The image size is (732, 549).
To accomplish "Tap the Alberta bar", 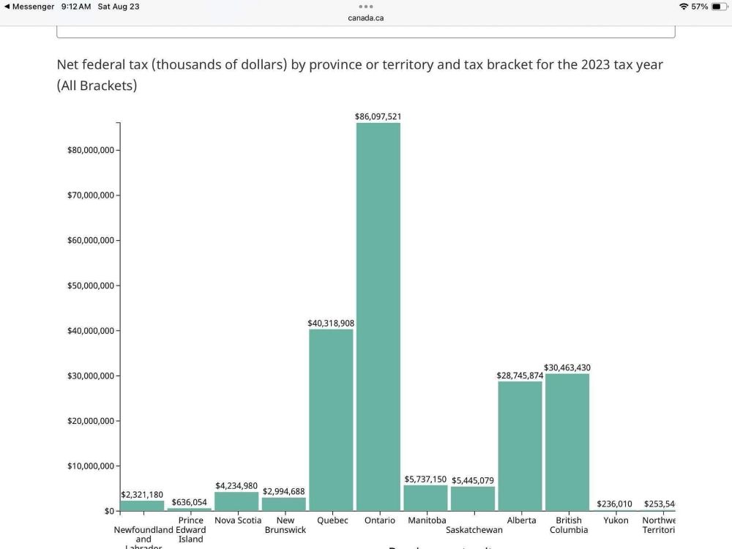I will point(520,446).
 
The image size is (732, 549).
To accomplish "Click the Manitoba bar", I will point(425,498).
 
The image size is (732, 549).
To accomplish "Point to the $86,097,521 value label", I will point(378,116).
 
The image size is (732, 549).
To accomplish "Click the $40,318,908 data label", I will point(331,323).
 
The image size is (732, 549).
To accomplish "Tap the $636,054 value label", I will point(190,502).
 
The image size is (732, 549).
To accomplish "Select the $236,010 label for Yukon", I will point(615,504).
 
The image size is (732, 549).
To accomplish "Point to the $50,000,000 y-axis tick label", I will point(90,285).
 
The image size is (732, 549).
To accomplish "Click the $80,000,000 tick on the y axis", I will point(90,150).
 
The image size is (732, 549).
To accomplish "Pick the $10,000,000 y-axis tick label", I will point(90,466).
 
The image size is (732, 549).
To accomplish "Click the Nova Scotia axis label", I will point(238,520).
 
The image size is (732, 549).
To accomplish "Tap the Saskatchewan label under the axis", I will point(474,530).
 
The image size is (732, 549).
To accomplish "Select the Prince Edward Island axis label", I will point(190,530).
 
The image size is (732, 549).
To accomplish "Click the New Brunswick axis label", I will point(285,525).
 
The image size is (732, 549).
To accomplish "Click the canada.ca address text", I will point(366,18).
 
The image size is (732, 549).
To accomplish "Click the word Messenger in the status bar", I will point(34,7).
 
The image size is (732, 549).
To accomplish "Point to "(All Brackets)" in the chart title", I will point(97,85).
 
